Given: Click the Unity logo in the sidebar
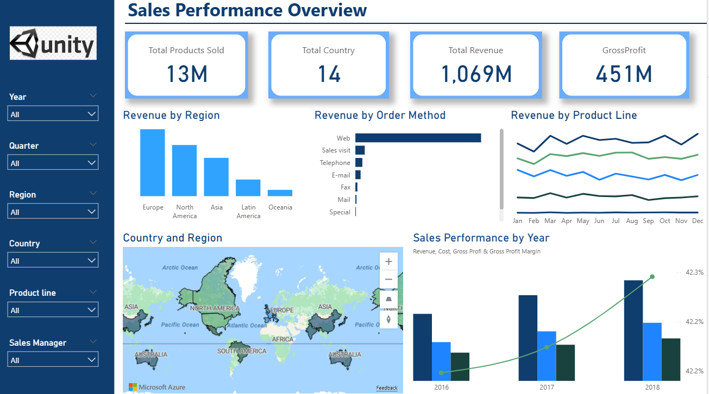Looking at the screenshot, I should pyautogui.click(x=53, y=43).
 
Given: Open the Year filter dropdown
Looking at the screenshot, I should pyautogui.click(x=53, y=114).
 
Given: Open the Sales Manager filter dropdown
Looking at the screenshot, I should pyautogui.click(x=53, y=360).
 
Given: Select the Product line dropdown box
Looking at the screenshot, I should pyautogui.click(x=53, y=310).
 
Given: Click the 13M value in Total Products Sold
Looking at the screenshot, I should pyautogui.click(x=186, y=74).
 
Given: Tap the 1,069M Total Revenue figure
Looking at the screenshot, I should pyautogui.click(x=476, y=74).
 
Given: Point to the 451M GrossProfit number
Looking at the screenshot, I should pyautogui.click(x=624, y=74).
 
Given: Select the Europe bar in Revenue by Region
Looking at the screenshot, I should pyautogui.click(x=153, y=162).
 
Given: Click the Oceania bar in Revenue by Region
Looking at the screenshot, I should pyautogui.click(x=280, y=193).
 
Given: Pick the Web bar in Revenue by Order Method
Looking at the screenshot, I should pyautogui.click(x=418, y=138).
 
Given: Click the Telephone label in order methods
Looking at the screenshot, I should pyautogui.click(x=335, y=163).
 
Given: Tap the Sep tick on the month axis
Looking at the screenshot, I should pyautogui.click(x=648, y=221).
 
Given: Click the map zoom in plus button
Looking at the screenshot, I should pyautogui.click(x=388, y=262).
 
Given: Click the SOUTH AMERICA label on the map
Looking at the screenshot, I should pyautogui.click(x=242, y=351).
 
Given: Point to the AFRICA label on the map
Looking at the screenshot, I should pyautogui.click(x=283, y=339).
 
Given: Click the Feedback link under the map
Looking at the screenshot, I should pyautogui.click(x=387, y=388).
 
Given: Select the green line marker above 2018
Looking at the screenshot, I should pyautogui.click(x=652, y=277).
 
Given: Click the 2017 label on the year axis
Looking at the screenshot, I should pyautogui.click(x=547, y=387).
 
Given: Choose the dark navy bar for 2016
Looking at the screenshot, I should pyautogui.click(x=422, y=347).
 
